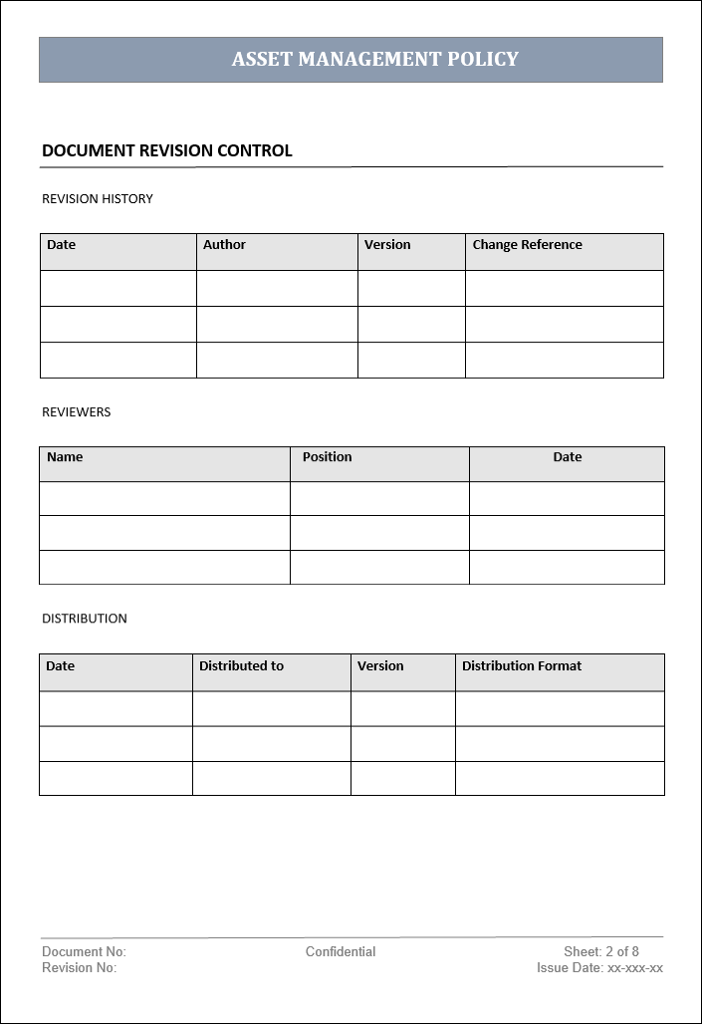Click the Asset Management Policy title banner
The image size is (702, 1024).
pos(374,59)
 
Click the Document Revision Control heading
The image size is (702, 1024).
pos(167,151)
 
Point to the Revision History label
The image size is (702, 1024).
pos(98,199)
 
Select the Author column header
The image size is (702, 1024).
pos(224,245)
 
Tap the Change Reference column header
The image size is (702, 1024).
pos(527,245)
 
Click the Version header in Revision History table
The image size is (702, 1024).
pos(387,245)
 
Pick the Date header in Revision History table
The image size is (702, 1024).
pos(61,245)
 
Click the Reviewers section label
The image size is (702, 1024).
pos(77,412)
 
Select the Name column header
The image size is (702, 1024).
pos(65,457)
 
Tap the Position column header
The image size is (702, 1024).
pos(327,457)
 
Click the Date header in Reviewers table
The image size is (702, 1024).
pos(568,457)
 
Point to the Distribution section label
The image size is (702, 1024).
pos(85,619)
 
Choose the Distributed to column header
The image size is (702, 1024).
pos(241,666)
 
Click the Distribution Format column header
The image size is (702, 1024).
pos(522,666)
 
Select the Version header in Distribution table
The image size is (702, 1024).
pos(380,666)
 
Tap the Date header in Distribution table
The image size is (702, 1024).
pos(60,666)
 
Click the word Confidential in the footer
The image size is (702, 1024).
pos(341,952)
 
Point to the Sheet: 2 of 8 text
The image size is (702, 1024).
pos(601,952)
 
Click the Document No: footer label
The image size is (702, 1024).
pos(84,952)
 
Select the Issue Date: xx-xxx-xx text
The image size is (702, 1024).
pos(599,968)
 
